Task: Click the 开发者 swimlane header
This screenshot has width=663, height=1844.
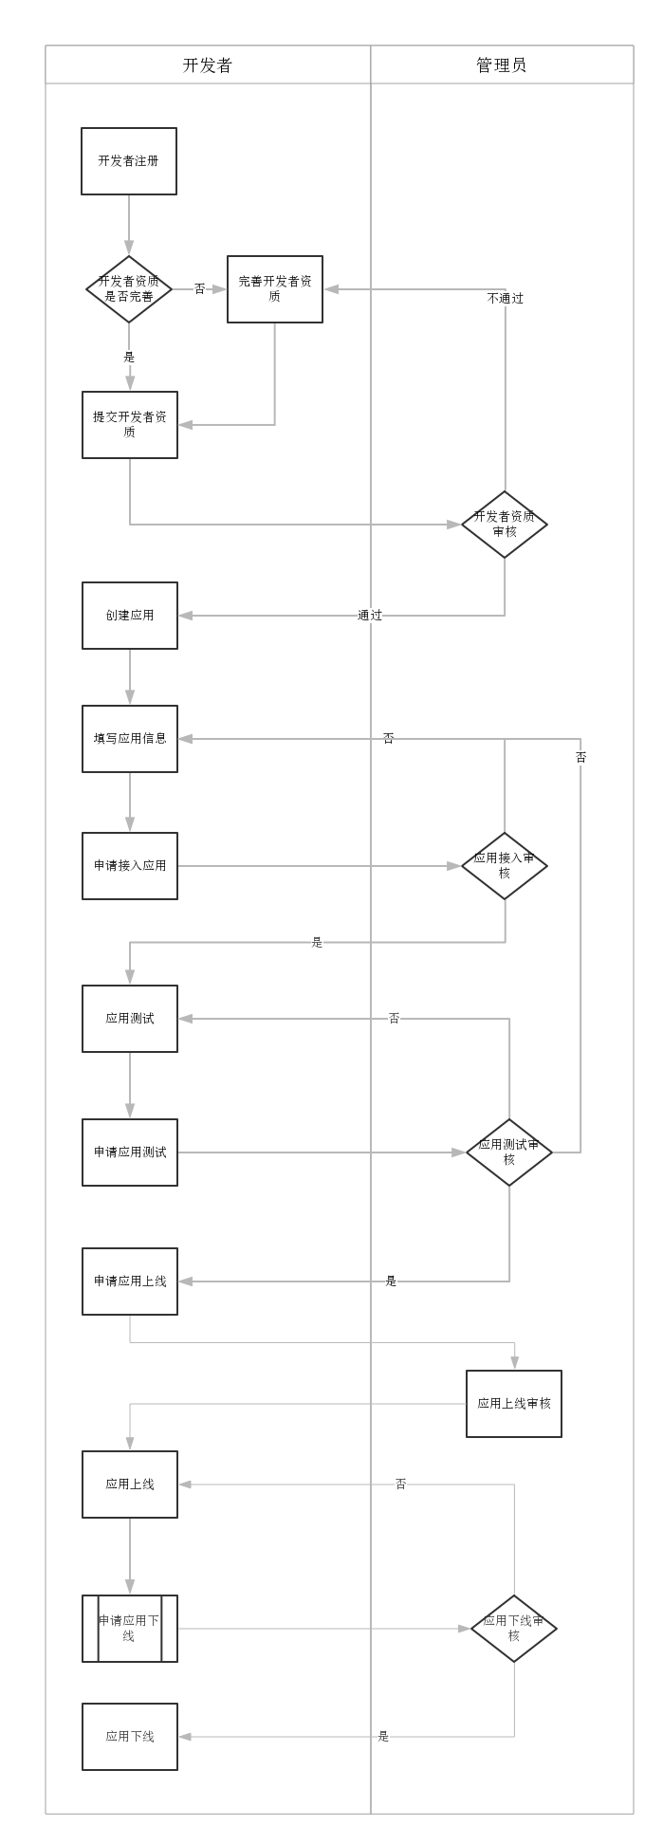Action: pos(207,65)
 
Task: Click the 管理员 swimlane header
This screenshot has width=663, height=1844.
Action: pos(501,65)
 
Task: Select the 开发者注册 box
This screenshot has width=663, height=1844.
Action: pos(129,161)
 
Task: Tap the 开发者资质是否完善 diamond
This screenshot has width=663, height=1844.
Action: pos(129,289)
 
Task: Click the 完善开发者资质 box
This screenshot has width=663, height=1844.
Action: pos(275,289)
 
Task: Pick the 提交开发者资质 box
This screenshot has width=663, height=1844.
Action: pos(130,425)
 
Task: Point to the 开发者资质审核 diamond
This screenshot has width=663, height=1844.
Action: pos(505,525)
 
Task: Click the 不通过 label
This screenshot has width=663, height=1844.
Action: pos(505,298)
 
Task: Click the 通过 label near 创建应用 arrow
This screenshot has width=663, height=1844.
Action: pos(370,616)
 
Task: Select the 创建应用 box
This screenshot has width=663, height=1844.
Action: pos(130,616)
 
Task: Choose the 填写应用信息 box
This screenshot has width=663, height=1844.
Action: pos(130,739)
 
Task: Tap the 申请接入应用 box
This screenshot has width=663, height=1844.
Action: pos(130,866)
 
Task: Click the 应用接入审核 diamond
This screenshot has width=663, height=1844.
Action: pos(505,866)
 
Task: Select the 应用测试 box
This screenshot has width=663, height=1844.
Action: pos(130,1019)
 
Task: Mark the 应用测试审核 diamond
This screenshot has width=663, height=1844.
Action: pos(509,1152)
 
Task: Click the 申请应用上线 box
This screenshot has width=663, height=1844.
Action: pos(130,1282)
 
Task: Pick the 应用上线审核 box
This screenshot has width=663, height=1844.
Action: pos(514,1404)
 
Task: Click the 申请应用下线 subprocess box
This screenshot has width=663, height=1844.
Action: pos(130,1629)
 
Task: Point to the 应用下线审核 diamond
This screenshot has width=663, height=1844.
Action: pos(514,1629)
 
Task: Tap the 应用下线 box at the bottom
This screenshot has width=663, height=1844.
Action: pos(130,1737)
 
